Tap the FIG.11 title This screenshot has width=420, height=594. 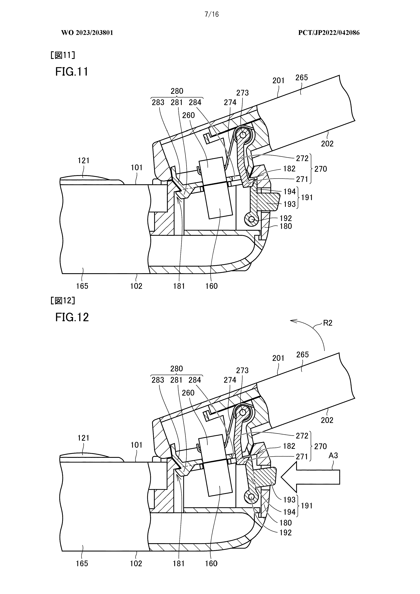(72, 72)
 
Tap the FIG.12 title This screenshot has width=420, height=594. (72, 317)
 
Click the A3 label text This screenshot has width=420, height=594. (333, 455)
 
